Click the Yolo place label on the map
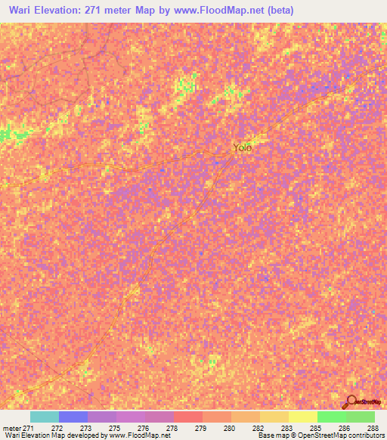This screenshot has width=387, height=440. (242, 148)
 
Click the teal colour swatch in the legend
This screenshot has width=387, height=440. (45, 417)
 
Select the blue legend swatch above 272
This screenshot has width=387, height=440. (73, 417)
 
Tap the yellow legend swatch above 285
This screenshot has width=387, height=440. (303, 417)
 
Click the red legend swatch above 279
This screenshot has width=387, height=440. (188, 417)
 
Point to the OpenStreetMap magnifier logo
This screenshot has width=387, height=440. (351, 401)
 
